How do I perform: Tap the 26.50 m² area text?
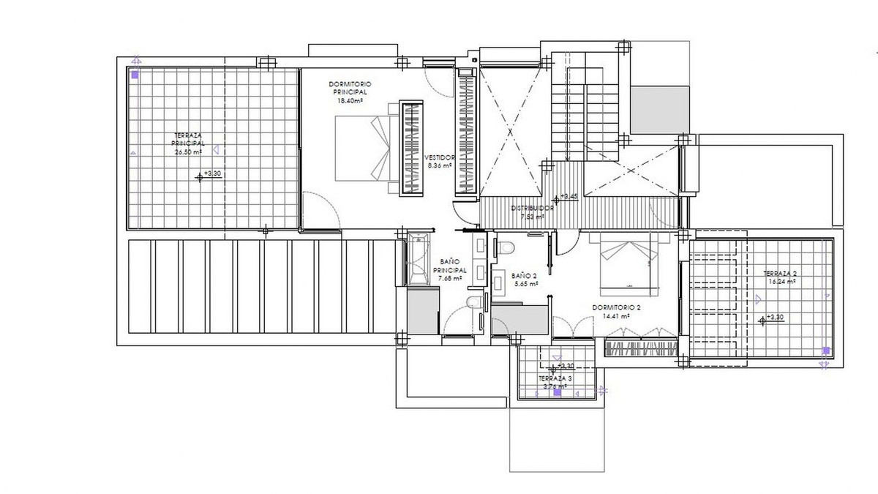pyautogui.click(x=188, y=153)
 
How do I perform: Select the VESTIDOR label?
pyautogui.click(x=439, y=157)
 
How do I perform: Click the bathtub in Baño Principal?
pyautogui.click(x=420, y=261)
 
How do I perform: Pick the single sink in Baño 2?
pyautogui.click(x=497, y=279)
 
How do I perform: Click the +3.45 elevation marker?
pyautogui.click(x=568, y=197)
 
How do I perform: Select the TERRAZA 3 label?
pyautogui.click(x=556, y=378)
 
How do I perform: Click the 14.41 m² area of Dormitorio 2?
pyautogui.click(x=616, y=317)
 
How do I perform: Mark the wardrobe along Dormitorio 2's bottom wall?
pyautogui.click(x=640, y=348)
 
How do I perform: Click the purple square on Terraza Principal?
pyautogui.click(x=135, y=75)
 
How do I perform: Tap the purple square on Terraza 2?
pyautogui.click(x=825, y=351)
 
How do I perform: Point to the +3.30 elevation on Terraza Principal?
pyautogui.click(x=211, y=174)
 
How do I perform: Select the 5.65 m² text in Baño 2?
pyautogui.click(x=525, y=283)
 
